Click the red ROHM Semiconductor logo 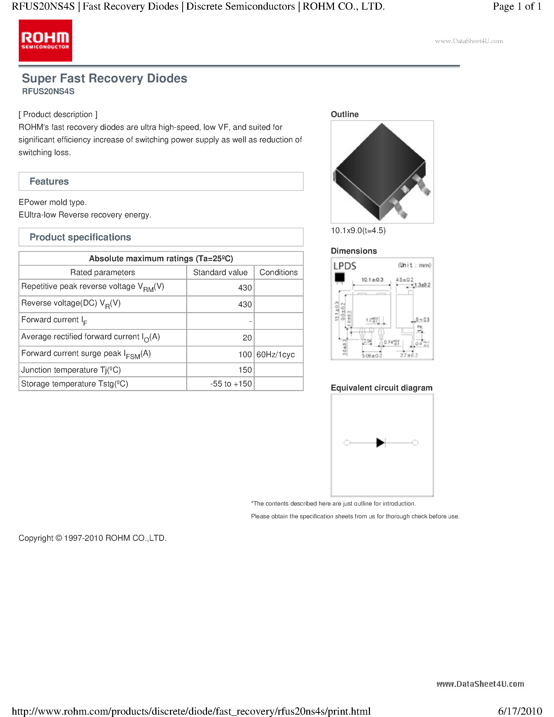pyautogui.click(x=45, y=40)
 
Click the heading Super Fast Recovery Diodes pyautogui.click(x=104, y=78)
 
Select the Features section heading pyautogui.click(x=49, y=181)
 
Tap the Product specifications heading pyautogui.click(x=80, y=237)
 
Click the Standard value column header pyautogui.click(x=220, y=272)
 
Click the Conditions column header pyautogui.click(x=278, y=272)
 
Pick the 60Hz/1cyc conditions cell pyautogui.click(x=276, y=355)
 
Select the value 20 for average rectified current pyautogui.click(x=247, y=338)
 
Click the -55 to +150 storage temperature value pyautogui.click(x=231, y=384)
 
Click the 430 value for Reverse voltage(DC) pyautogui.click(x=245, y=304)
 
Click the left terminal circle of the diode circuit pyautogui.click(x=346, y=442)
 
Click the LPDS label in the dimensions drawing pyautogui.click(x=345, y=266)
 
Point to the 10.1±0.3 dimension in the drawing pyautogui.click(x=372, y=280)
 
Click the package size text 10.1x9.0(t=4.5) pyautogui.click(x=358, y=230)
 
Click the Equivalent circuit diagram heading pyautogui.click(x=381, y=388)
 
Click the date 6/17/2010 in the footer pyautogui.click(x=520, y=711)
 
